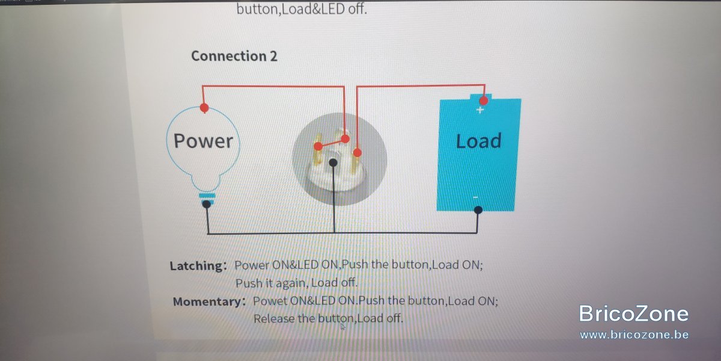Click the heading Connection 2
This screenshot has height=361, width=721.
point(234,56)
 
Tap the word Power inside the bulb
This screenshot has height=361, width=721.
point(203,141)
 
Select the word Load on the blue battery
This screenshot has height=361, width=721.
point(479,141)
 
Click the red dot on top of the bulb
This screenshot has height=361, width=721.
point(204,108)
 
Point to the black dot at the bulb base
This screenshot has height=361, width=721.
point(206,204)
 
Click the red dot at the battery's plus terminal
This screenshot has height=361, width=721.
point(483,100)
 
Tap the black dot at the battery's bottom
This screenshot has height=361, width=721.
point(478,210)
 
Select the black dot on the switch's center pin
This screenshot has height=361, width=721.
point(333,163)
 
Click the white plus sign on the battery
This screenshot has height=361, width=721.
point(480,110)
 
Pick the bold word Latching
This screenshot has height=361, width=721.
point(196,266)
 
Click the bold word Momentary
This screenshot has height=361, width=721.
point(207,301)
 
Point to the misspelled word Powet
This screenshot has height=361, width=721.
point(270,301)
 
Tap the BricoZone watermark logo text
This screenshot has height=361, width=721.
point(633,313)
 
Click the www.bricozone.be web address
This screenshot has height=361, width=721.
point(634,335)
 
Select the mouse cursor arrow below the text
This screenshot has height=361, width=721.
point(343,327)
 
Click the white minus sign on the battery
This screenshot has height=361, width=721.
point(475,197)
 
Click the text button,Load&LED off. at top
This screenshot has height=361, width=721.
point(302,9)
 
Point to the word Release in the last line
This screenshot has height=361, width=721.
point(274,318)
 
